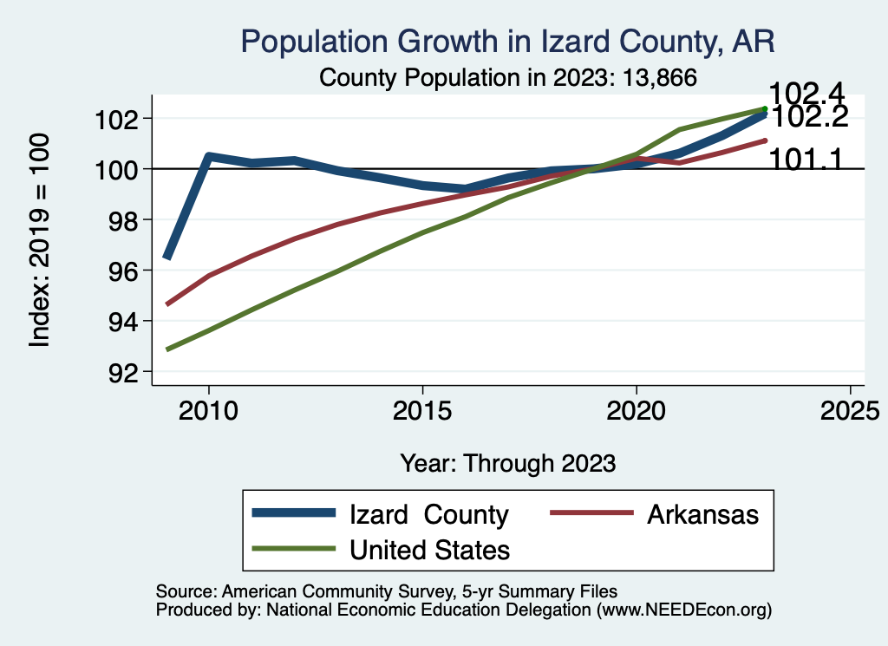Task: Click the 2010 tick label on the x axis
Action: [x=208, y=410]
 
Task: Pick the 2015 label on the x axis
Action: [x=422, y=410]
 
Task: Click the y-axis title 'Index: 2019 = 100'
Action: [x=40, y=240]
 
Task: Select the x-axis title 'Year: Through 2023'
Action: [x=508, y=463]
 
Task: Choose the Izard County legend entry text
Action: [x=428, y=514]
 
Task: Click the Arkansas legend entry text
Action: [x=702, y=514]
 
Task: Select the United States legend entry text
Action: [x=429, y=550]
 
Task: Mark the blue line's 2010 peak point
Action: [x=208, y=156]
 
